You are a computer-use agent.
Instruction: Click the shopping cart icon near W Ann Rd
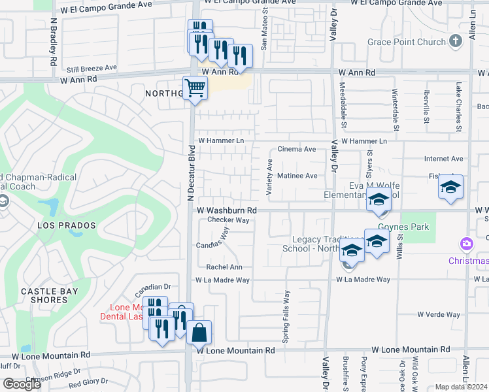(x=195, y=88)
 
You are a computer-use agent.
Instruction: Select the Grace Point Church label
(x=407, y=42)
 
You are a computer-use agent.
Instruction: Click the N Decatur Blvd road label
(x=191, y=169)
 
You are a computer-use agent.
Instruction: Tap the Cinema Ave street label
(x=297, y=150)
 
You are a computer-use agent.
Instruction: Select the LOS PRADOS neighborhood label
(x=67, y=225)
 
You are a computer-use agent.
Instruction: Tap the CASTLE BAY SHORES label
(x=49, y=295)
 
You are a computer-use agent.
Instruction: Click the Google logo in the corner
(x=22, y=384)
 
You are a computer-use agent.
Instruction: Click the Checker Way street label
(x=229, y=220)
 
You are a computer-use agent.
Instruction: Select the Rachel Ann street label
(x=224, y=267)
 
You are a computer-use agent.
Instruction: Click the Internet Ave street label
(x=443, y=159)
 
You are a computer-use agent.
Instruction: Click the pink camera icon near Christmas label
(x=466, y=244)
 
